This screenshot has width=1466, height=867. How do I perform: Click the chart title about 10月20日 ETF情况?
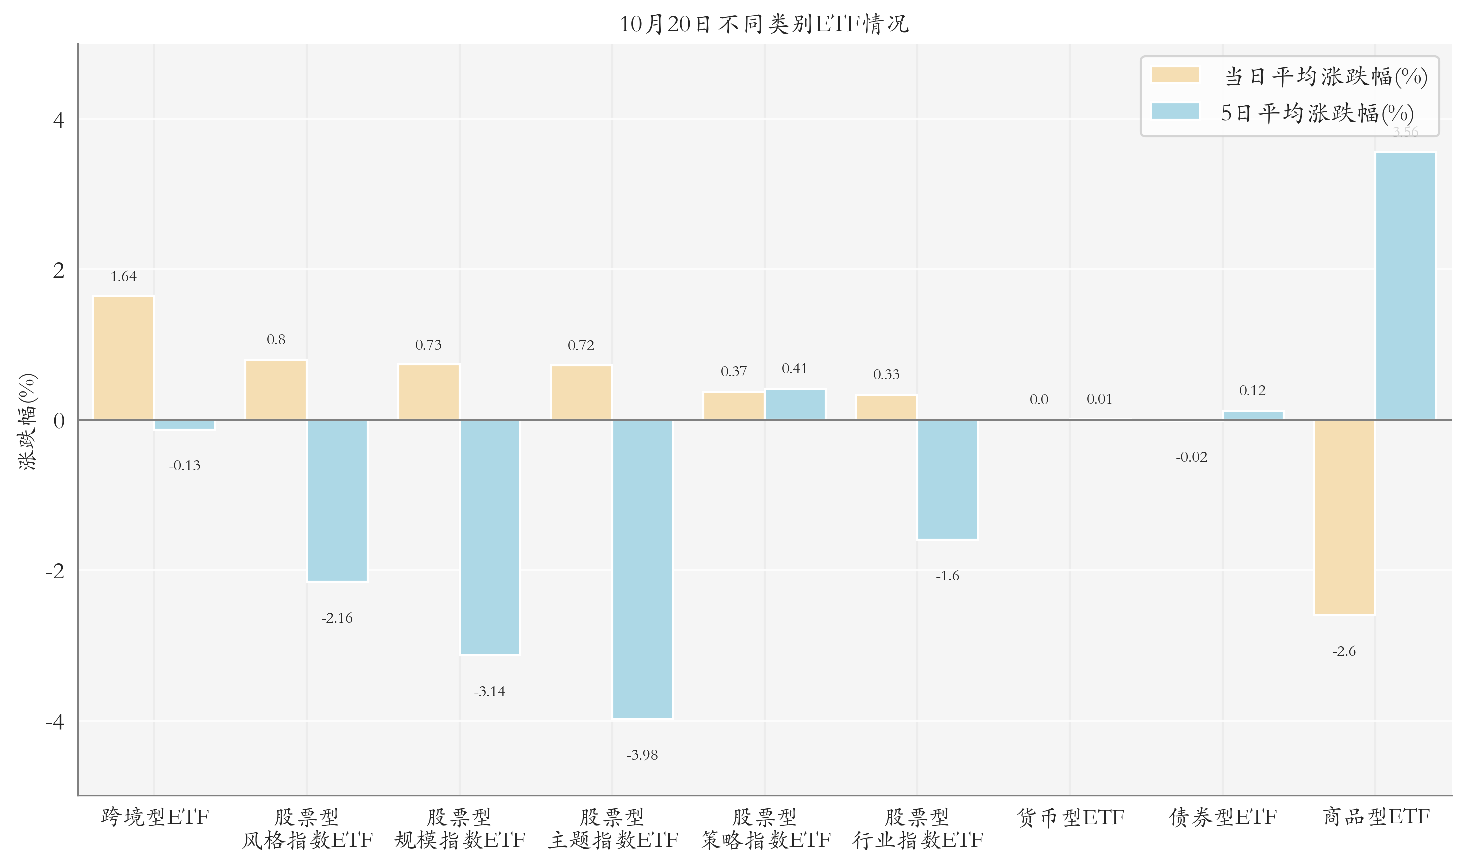[764, 24]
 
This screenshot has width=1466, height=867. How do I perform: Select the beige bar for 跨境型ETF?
[123, 358]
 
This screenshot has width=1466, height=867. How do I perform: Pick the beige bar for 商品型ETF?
[1344, 517]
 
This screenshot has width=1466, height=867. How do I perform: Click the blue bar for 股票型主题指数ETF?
[642, 569]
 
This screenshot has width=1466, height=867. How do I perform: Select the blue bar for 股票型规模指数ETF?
[490, 537]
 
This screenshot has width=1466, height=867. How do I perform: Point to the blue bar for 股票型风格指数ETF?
[337, 500]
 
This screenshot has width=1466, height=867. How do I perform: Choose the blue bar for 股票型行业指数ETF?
[947, 479]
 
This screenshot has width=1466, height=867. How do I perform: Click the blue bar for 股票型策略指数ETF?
[795, 404]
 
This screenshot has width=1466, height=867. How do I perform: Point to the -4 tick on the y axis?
[56, 722]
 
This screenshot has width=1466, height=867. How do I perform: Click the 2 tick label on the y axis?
[59, 270]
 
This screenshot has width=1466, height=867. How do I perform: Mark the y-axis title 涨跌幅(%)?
[27, 421]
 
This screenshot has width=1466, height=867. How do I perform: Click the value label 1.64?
[123, 277]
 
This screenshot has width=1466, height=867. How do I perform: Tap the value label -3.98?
[642, 755]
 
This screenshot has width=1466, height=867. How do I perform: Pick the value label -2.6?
[1344, 651]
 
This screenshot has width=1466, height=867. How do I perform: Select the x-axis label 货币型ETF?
[1071, 817]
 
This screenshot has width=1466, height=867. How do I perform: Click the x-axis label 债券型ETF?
[1223, 817]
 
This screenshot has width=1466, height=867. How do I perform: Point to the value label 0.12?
[1252, 391]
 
